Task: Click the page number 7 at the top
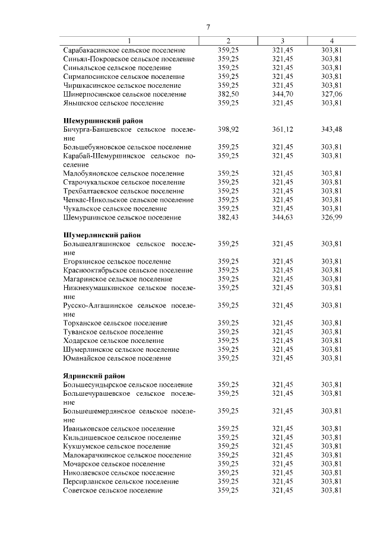(208, 27)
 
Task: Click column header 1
(129, 41)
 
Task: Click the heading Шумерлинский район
(99, 235)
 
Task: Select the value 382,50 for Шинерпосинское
(228, 94)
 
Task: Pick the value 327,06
(331, 94)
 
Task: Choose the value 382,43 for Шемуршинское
(228, 218)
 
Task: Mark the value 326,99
(331, 218)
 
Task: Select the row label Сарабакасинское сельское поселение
(124, 50)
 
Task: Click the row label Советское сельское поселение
(112, 490)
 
